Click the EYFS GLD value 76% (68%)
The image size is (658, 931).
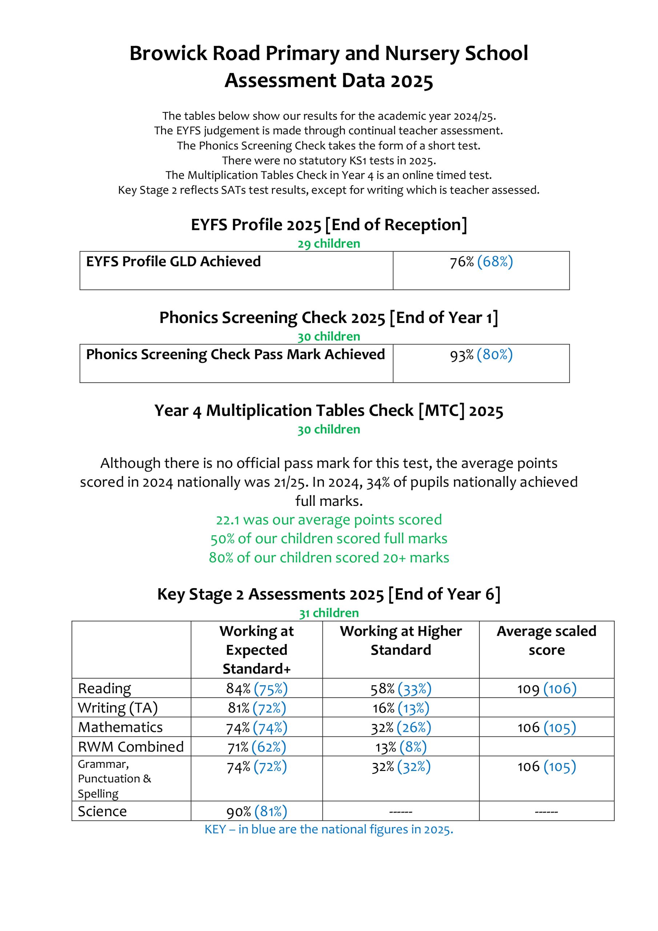tap(481, 262)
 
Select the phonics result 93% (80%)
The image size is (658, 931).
tap(481, 355)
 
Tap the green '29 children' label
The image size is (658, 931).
tap(329, 244)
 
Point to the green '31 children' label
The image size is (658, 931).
tap(329, 613)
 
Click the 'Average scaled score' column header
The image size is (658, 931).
tap(546, 641)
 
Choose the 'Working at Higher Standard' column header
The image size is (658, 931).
tap(401, 641)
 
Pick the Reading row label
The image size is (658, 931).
tap(105, 688)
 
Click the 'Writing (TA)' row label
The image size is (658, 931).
tap(117, 708)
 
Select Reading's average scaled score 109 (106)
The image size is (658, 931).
tap(546, 689)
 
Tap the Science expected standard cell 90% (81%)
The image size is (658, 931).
tap(257, 811)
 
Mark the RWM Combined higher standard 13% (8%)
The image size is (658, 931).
tap(401, 747)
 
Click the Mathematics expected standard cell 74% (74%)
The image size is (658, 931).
tap(257, 728)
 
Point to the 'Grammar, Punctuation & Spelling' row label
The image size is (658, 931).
tap(114, 779)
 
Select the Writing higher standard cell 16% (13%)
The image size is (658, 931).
tap(401, 708)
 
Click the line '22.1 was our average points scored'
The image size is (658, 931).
tap(329, 520)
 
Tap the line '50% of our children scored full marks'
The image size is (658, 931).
tap(329, 539)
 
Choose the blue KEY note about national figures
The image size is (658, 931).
tap(329, 829)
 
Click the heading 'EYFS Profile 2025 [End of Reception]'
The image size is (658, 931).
tap(329, 225)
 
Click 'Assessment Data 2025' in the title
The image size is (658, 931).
tap(329, 80)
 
